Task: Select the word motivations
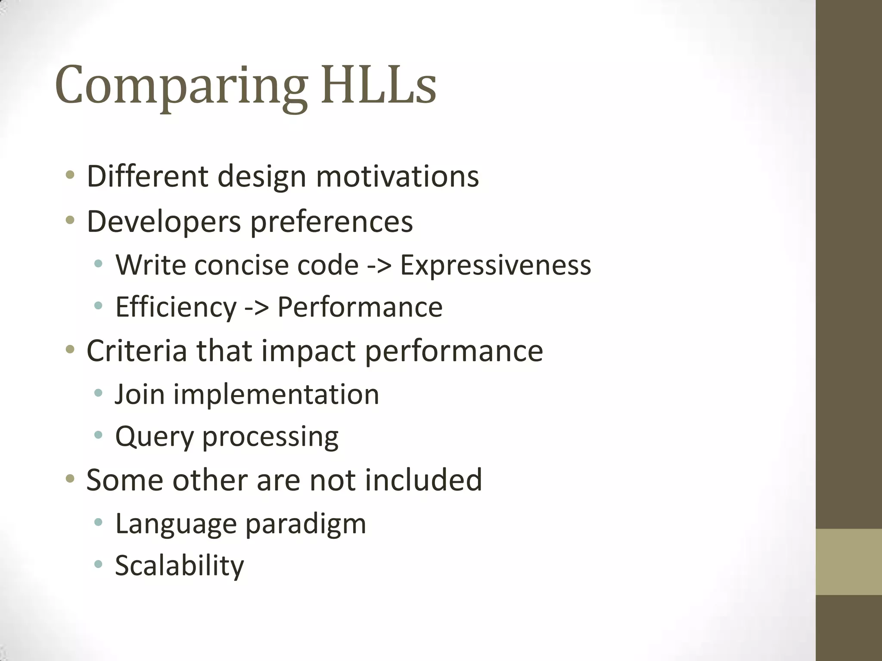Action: (397, 176)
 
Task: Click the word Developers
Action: (164, 222)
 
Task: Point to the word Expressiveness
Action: (495, 265)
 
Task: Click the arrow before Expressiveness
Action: (379, 266)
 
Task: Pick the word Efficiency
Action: (176, 307)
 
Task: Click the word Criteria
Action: (137, 351)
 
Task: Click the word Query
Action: (154, 437)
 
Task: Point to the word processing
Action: (270, 437)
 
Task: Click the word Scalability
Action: (179, 566)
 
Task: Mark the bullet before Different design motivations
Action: (70, 175)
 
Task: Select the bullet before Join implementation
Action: (98, 392)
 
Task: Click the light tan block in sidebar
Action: (848, 562)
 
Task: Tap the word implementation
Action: (276, 394)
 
